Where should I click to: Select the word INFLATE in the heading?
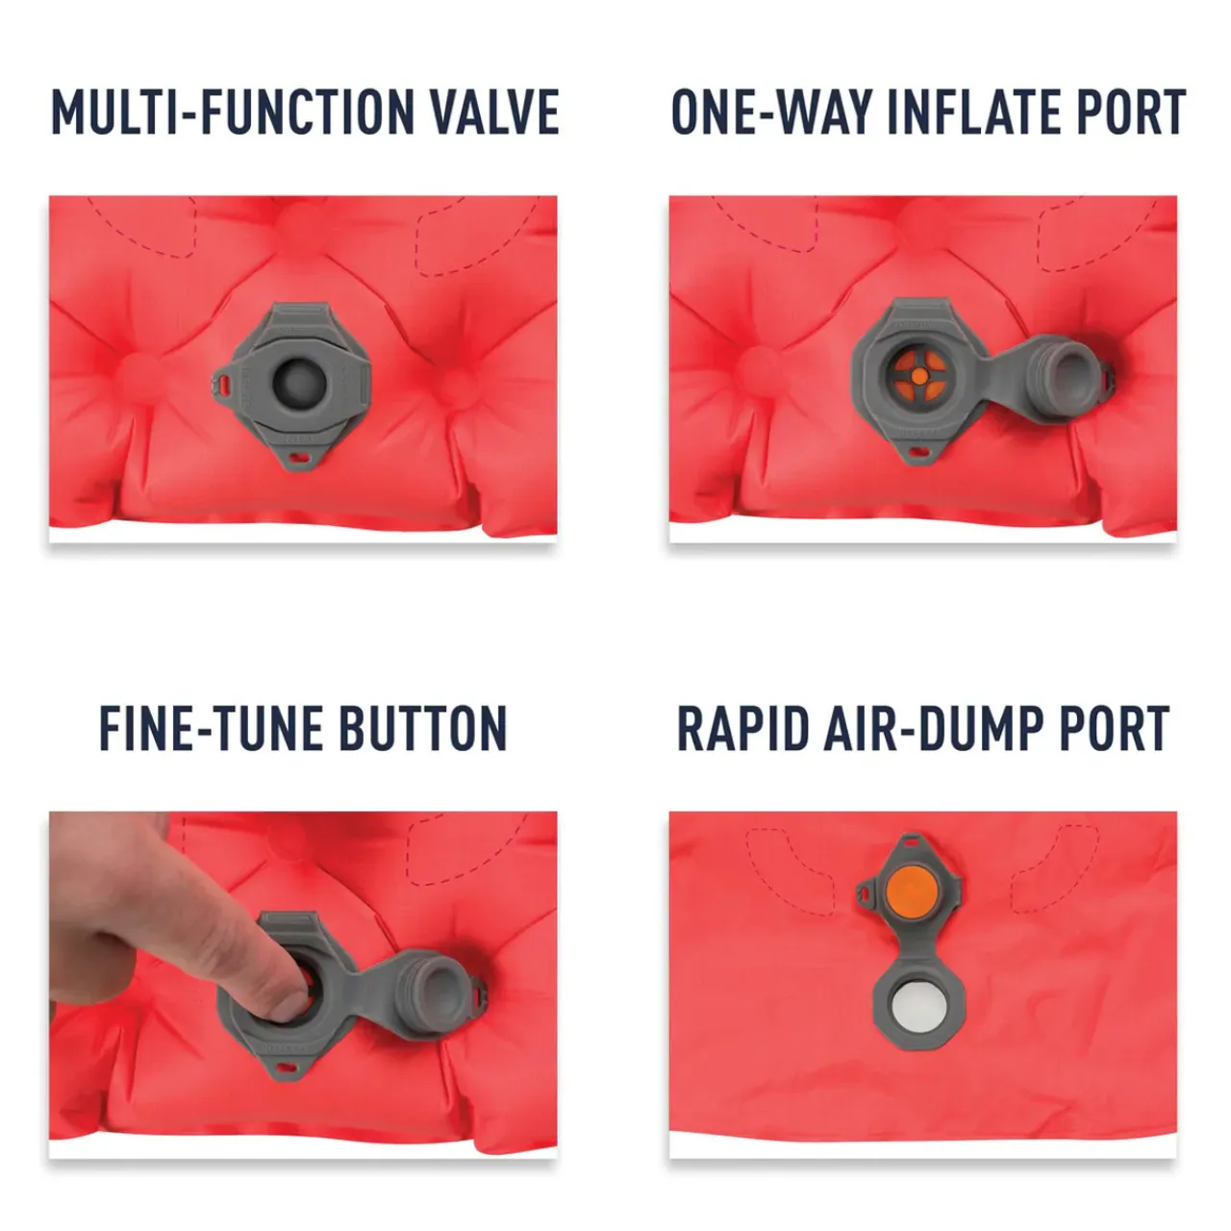(x=973, y=113)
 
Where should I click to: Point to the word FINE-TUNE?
(x=212, y=728)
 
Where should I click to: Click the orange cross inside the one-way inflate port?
(x=918, y=377)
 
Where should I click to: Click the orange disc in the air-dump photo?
(x=912, y=888)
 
